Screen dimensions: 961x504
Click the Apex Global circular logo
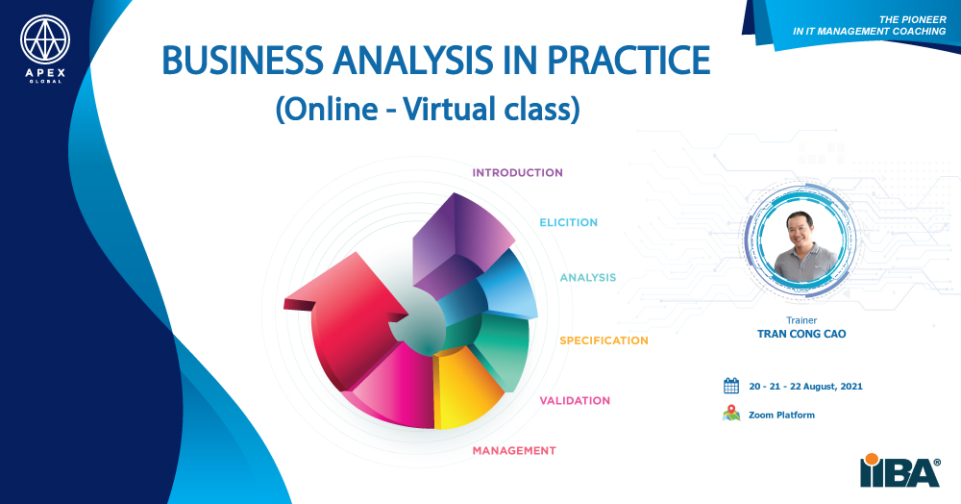45,39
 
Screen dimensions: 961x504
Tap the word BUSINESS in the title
243,60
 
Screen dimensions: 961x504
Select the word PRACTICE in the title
628,60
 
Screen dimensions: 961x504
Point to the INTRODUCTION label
517,173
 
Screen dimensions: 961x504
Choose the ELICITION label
568,222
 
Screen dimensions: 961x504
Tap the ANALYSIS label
588,278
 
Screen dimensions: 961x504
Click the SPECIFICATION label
604,340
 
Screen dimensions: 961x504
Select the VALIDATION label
575,400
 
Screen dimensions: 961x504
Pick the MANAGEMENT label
513,451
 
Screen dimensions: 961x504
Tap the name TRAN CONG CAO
801,334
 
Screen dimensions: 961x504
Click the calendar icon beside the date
731,386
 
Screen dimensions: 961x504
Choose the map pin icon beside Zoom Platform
731,414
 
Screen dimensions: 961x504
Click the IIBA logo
899,470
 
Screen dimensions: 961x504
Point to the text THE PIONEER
913,19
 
